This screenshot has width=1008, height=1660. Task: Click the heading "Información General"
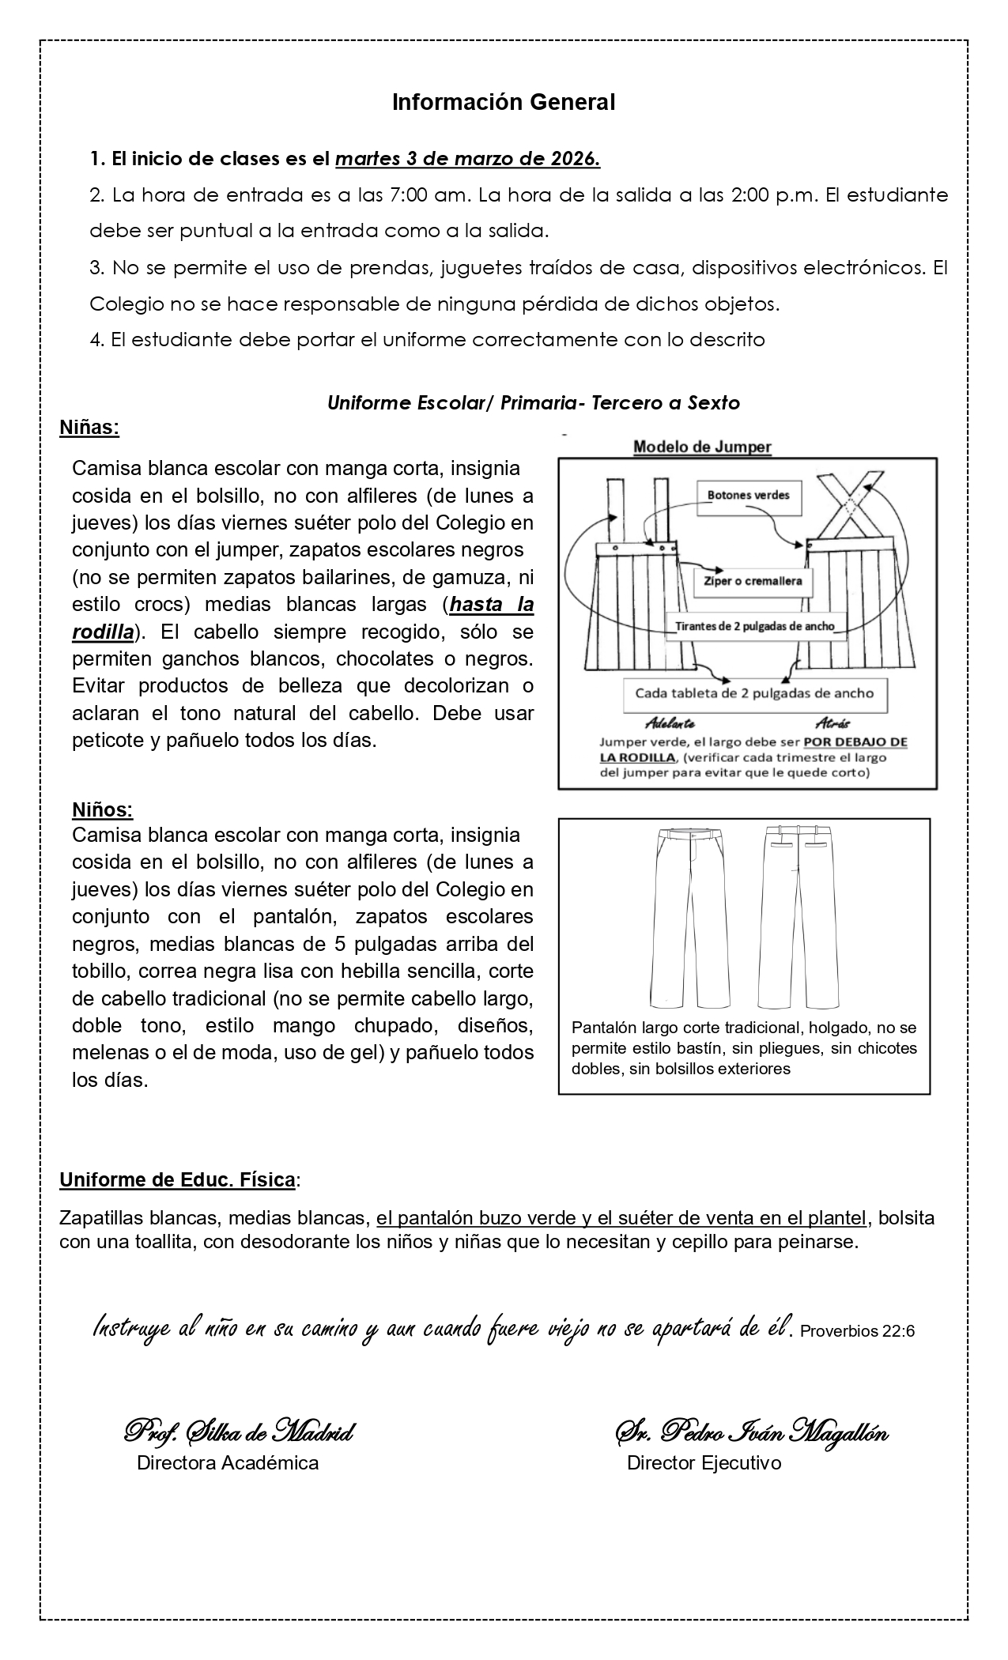point(504,102)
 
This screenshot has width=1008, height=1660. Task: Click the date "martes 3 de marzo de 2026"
point(467,159)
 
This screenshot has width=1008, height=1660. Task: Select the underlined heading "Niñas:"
point(89,428)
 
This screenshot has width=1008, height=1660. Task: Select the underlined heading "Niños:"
point(103,810)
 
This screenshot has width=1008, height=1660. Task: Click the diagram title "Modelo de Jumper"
point(702,447)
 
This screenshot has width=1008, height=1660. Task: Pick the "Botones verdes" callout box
point(748,495)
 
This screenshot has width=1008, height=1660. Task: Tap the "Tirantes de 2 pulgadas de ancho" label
point(755,626)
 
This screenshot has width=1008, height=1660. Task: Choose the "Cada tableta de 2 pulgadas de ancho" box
point(754,693)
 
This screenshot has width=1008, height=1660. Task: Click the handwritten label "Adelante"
point(670,723)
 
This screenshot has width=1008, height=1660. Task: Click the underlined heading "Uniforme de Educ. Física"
point(178,1180)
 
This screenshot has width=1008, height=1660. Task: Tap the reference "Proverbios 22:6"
point(857,1331)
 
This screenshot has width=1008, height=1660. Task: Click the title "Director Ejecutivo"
point(704,1463)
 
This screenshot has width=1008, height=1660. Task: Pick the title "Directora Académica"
point(228,1463)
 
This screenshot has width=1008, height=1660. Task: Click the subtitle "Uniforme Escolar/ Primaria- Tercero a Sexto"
point(534,402)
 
